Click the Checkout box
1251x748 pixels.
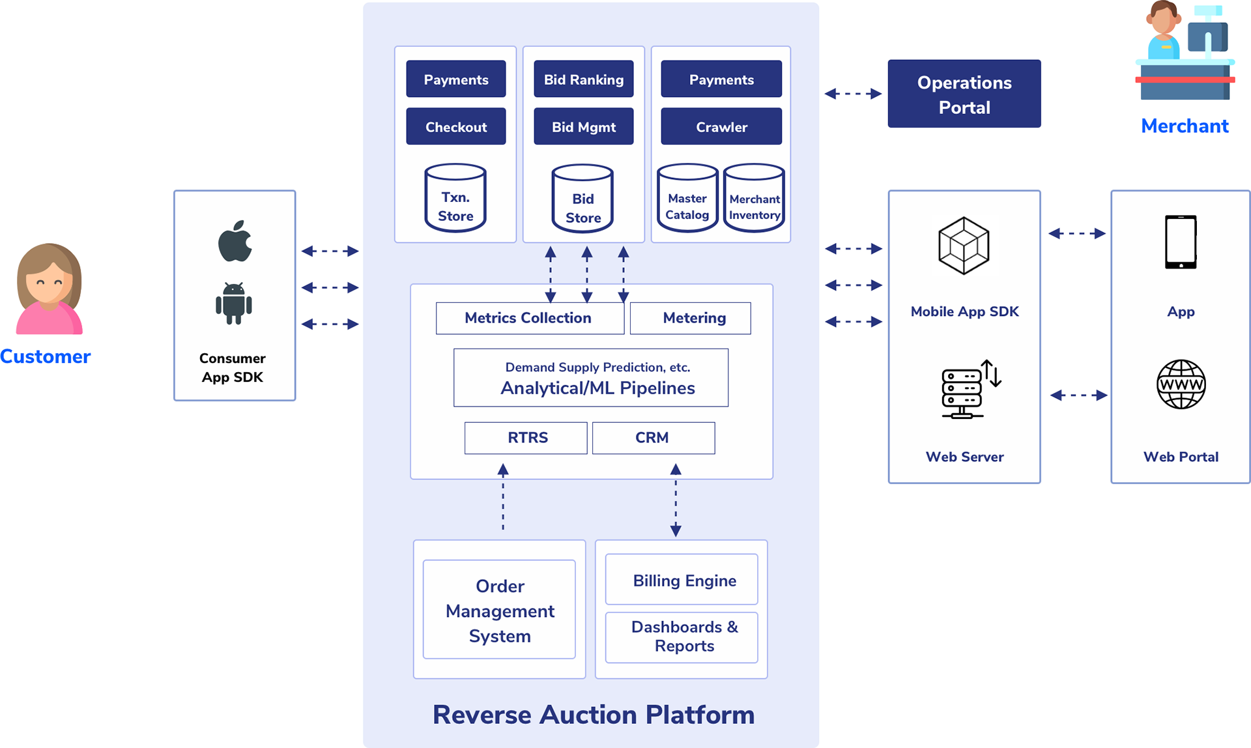click(455, 126)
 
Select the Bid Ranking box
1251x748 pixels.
click(583, 79)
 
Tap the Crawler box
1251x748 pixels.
click(721, 126)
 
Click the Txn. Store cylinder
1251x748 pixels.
click(455, 199)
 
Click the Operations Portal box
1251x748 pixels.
click(964, 94)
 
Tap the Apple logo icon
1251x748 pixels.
click(235, 241)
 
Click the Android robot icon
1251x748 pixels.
click(234, 304)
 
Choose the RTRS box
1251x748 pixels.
click(526, 438)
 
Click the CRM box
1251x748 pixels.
click(653, 438)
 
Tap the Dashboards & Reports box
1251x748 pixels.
click(682, 637)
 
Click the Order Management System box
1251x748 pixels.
click(499, 610)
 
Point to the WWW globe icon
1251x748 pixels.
click(1181, 384)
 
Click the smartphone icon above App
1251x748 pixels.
click(1180, 242)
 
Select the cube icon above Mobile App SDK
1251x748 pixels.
click(964, 246)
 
